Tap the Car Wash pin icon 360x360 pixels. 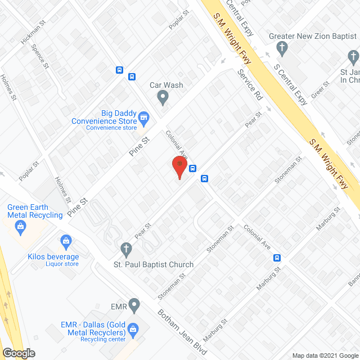pos(163,98)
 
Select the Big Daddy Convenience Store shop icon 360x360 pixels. pos(144,118)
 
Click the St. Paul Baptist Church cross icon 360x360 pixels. pos(127,248)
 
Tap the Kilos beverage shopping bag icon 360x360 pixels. pos(66,243)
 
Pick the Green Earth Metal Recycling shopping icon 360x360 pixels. pos(21,228)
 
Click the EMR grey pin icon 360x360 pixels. pos(133,306)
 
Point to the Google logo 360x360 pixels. pos(19,353)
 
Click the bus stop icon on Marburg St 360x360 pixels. pos(277,258)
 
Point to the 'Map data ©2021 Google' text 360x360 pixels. pos(324,354)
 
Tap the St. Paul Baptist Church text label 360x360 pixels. pos(154,264)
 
